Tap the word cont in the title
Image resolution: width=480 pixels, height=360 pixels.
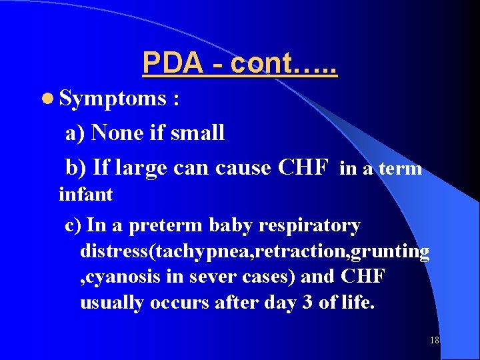(261, 64)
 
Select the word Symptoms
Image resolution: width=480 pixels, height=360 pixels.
(112, 99)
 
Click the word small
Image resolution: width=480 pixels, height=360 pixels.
(197, 133)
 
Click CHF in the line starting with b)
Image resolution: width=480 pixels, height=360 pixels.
(302, 167)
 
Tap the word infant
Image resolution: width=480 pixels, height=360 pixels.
(86, 195)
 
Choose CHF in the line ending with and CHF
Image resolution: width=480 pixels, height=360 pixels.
(363, 277)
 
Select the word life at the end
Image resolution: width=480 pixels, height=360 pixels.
(357, 303)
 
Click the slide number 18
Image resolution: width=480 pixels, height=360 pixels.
(435, 340)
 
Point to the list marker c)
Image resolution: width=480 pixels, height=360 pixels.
(73, 226)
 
